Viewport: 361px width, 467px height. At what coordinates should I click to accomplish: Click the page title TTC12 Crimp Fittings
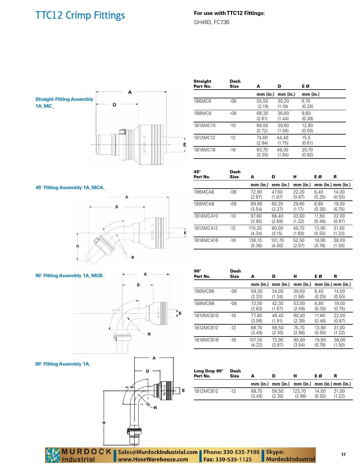pyautogui.click(x=80, y=15)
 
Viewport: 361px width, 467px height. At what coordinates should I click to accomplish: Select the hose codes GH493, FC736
pyautogui.click(x=211, y=22)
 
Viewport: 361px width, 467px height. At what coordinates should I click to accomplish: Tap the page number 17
pyautogui.click(x=343, y=455)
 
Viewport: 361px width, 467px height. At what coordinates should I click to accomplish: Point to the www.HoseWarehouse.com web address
pyautogui.click(x=153, y=459)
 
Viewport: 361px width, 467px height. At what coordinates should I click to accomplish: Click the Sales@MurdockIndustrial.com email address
pyautogui.click(x=158, y=452)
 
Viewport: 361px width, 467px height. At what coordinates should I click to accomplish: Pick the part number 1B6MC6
pyautogui.click(x=202, y=101)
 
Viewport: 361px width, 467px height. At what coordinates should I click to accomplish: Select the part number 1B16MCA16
pyautogui.click(x=206, y=240)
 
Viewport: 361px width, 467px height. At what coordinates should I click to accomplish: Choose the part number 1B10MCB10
pyautogui.click(x=206, y=316)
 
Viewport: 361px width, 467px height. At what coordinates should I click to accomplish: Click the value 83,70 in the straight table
pyautogui.click(x=262, y=150)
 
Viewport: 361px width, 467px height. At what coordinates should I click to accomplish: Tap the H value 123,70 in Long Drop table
pyautogui.click(x=299, y=391)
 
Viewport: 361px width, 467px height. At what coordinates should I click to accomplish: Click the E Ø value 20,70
pyautogui.click(x=307, y=150)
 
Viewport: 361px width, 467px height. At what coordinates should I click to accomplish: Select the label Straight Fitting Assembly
pyautogui.click(x=64, y=99)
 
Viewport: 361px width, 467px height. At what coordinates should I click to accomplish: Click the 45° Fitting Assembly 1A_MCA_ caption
pyautogui.click(x=70, y=188)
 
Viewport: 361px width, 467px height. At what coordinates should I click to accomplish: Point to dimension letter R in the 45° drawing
pyautogui.click(x=133, y=258)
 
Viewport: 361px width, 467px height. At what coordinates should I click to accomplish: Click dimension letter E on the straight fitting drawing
pyautogui.click(x=185, y=145)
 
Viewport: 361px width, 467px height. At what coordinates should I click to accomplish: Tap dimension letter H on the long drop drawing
pyautogui.click(x=104, y=423)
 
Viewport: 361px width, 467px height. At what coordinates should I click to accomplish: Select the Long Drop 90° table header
pyautogui.click(x=208, y=371)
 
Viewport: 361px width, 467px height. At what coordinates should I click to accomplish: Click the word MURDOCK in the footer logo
pyautogui.click(x=87, y=452)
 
